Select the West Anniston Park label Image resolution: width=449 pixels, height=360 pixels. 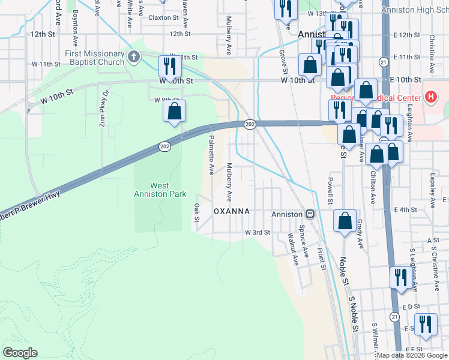[x=159, y=190]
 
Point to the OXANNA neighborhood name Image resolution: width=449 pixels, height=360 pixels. [x=240, y=212]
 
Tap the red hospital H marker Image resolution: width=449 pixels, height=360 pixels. [x=430, y=97]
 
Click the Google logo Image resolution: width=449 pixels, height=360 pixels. [x=20, y=353]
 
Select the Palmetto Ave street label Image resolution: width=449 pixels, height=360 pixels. [x=211, y=154]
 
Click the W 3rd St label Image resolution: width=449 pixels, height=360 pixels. [x=257, y=232]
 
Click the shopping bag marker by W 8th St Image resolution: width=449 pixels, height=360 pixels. [x=174, y=111]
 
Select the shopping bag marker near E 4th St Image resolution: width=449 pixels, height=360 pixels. [x=345, y=220]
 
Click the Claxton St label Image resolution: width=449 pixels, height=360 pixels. [x=164, y=18]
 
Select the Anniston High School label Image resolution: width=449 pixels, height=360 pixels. [x=415, y=10]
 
